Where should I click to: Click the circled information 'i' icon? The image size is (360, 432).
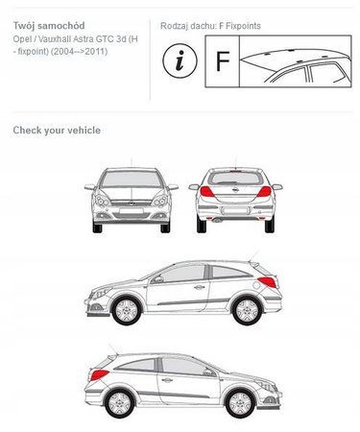pos(180,60)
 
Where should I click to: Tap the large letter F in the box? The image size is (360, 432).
pos(223,61)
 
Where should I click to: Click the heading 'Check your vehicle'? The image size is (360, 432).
pos(57,131)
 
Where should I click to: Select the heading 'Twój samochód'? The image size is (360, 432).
pos(49,26)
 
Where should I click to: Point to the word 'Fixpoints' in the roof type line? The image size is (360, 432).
pos(243,26)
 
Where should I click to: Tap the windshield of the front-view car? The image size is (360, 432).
pos(132,179)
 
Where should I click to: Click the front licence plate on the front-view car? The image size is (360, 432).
pos(132,210)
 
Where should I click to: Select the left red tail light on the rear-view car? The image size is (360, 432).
pos(206,191)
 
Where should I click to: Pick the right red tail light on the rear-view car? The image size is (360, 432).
pos(264,191)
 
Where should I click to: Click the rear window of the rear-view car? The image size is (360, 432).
pos(235,178)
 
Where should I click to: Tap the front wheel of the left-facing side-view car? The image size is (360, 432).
pos(127,310)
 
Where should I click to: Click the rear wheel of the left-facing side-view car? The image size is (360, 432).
pos(247,310)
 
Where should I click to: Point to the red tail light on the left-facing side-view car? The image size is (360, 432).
pos(268,282)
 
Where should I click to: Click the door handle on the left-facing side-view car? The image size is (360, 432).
pos(199,287)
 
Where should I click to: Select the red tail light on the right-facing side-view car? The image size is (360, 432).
pos(99,374)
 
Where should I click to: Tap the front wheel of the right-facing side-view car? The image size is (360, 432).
pos(240,403)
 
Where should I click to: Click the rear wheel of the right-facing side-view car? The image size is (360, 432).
pos(120,403)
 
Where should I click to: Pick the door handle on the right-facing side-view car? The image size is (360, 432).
pos(167,380)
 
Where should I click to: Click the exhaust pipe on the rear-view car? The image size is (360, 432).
pos(217,220)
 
